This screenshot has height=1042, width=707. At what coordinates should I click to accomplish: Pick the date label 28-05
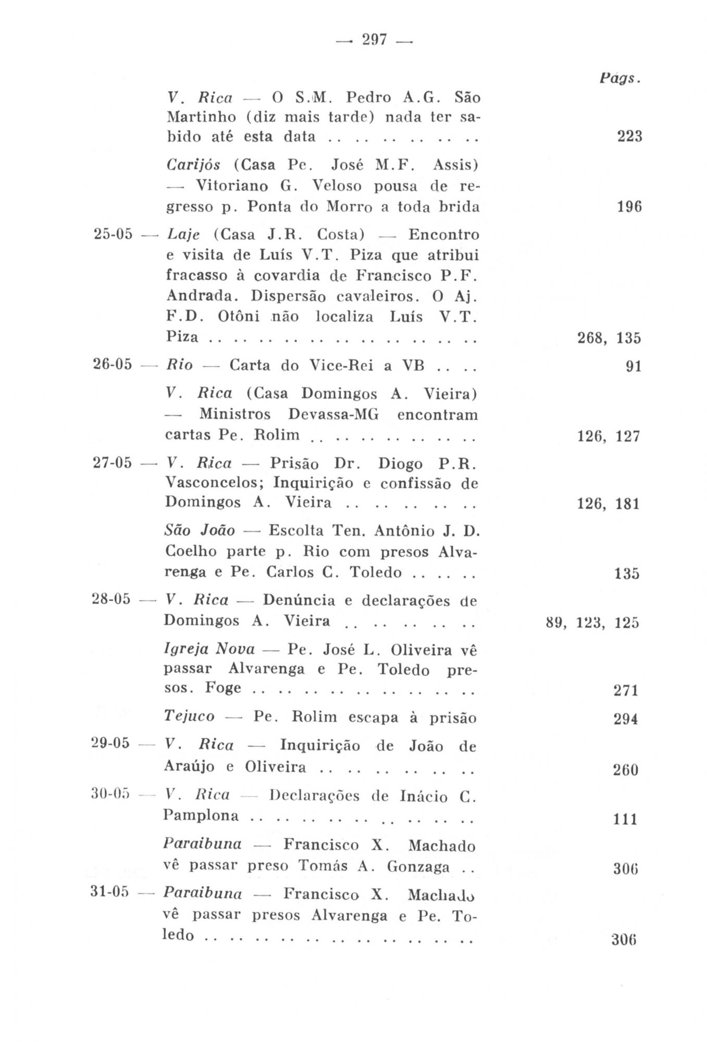(111, 600)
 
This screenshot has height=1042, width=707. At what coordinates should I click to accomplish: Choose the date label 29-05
(110, 743)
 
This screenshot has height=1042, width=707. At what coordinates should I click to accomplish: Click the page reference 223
(629, 137)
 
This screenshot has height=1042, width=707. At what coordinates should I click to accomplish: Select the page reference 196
(629, 207)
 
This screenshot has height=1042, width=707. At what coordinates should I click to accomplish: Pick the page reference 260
(626, 770)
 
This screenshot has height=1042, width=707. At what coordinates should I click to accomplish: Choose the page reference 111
(626, 820)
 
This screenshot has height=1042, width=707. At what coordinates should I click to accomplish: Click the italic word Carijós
(193, 166)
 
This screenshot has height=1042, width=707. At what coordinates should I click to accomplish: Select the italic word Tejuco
(189, 717)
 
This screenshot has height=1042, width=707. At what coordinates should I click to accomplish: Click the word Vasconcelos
(215, 483)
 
